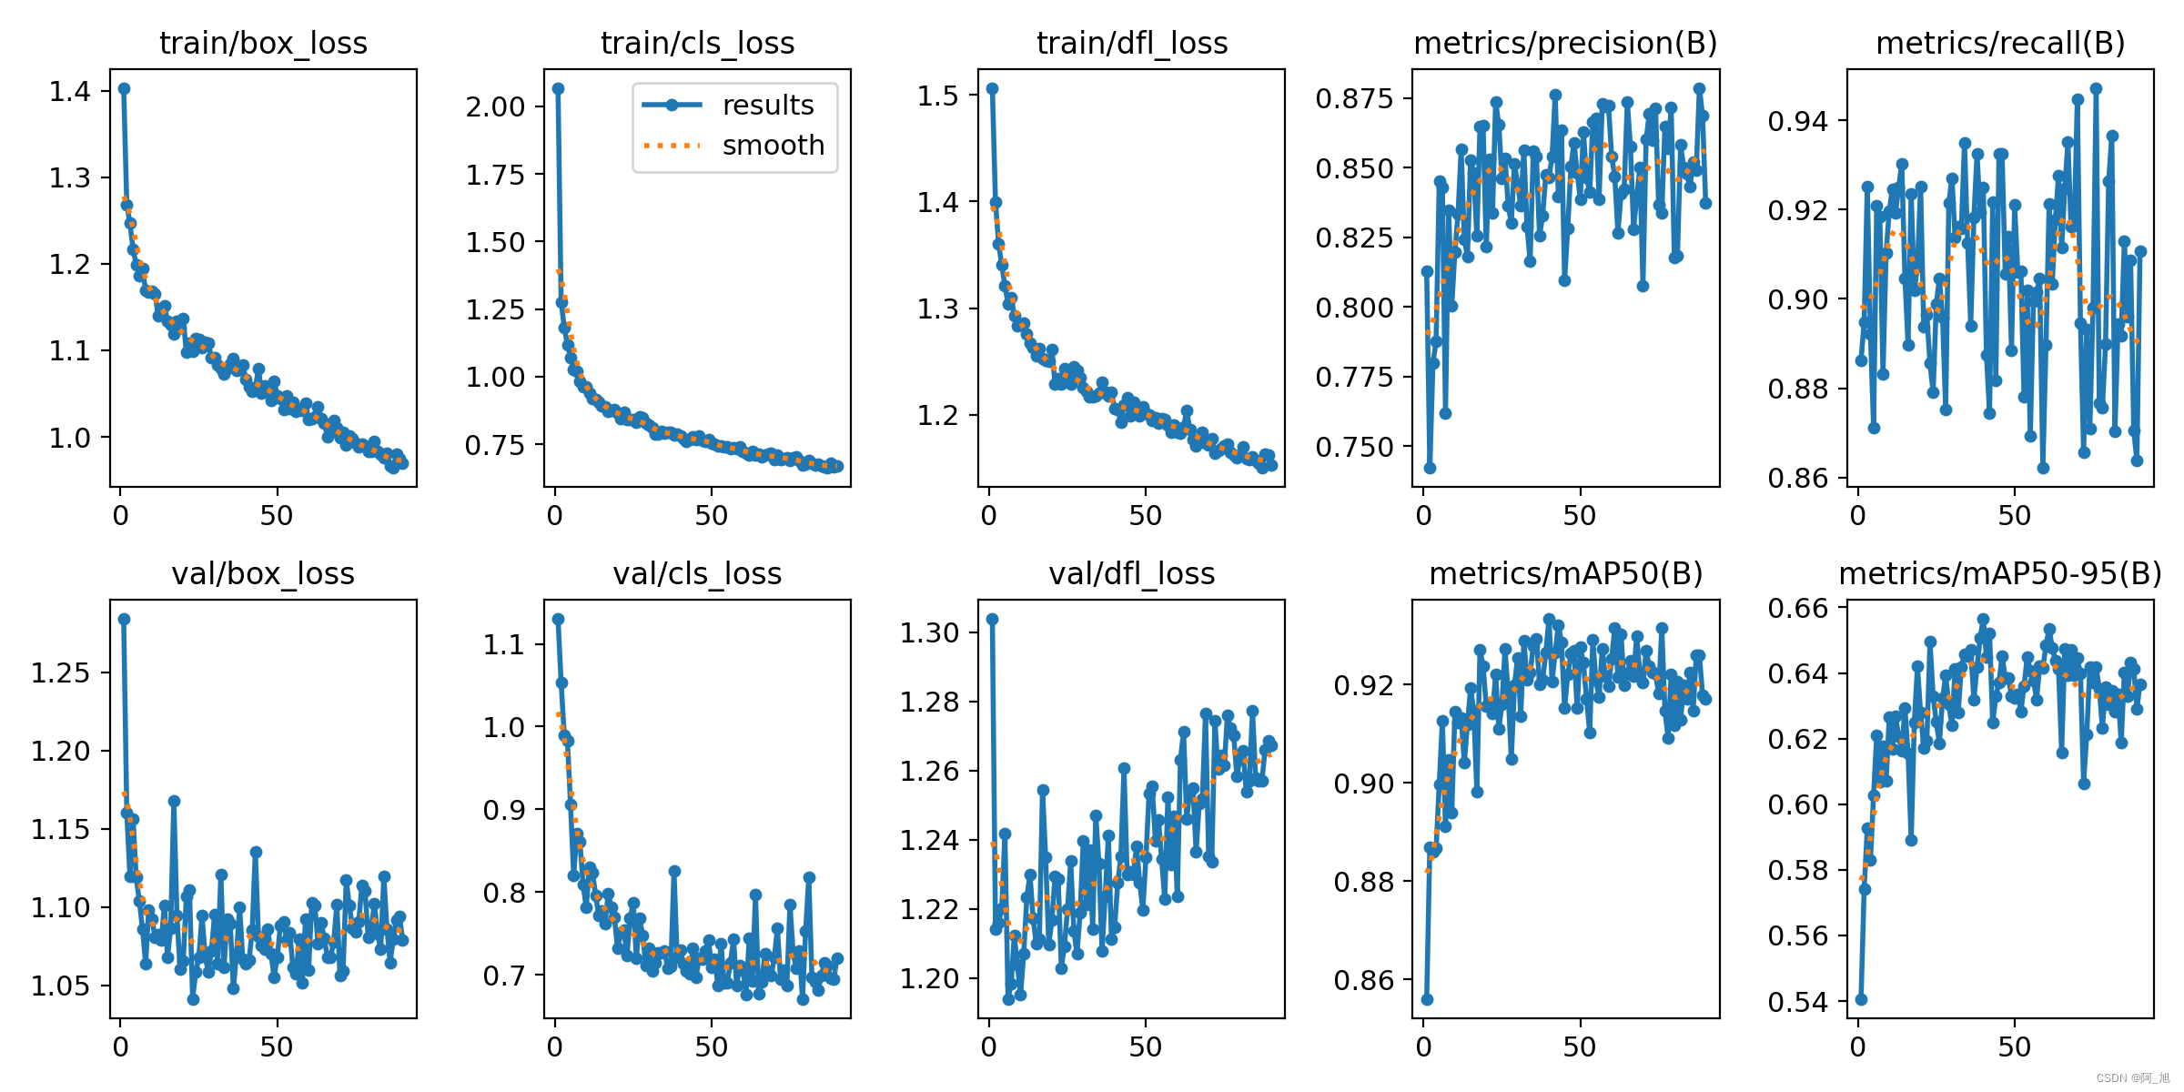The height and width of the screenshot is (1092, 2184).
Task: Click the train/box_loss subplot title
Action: tap(263, 43)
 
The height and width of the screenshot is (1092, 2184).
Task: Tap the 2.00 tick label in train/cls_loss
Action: tap(496, 106)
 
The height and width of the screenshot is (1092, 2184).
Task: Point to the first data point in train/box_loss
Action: tap(124, 88)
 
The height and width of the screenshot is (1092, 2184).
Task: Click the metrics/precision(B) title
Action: tap(1565, 43)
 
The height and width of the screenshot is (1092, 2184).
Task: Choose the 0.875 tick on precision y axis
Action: tap(1354, 98)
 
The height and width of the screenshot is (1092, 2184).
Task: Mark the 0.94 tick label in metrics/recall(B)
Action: tap(1798, 120)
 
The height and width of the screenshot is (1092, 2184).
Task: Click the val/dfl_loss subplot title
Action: tap(1131, 573)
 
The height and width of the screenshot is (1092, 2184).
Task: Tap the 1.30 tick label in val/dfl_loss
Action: tap(930, 632)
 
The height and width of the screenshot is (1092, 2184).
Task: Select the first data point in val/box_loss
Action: tap(124, 619)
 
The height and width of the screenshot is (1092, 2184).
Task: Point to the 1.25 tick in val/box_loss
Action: tap(61, 672)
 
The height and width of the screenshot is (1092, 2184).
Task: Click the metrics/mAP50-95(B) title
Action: tap(2000, 573)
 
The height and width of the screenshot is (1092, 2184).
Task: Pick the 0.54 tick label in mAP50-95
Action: tap(1798, 1002)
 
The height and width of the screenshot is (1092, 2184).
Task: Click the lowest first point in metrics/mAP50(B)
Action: tap(1427, 999)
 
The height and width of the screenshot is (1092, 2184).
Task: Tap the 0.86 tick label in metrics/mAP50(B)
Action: tap(1364, 981)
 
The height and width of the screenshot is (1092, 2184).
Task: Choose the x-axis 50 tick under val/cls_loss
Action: tap(711, 1046)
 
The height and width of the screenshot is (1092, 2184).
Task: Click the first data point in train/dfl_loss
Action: tap(992, 88)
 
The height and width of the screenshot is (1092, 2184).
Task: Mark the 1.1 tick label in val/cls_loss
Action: tap(504, 645)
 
